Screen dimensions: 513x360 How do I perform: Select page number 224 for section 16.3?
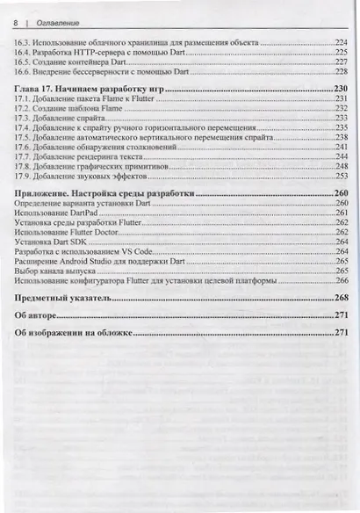click(x=342, y=42)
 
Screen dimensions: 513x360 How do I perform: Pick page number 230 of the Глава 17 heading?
click(x=342, y=90)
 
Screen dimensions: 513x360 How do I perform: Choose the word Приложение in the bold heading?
click(x=47, y=193)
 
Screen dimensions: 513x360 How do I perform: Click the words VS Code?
click(x=140, y=251)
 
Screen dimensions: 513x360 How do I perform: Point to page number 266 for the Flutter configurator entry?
click(x=342, y=280)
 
